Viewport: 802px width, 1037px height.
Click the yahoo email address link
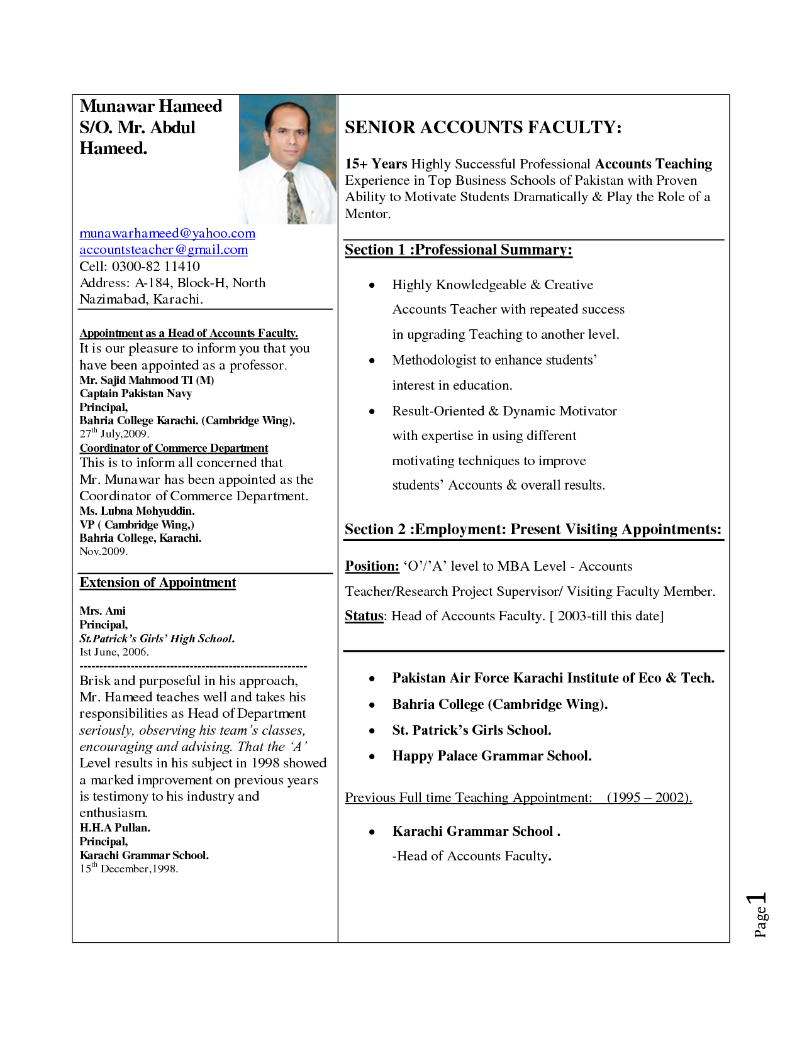point(167,234)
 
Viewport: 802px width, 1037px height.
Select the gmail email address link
point(164,250)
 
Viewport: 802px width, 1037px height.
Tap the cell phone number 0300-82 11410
point(155,266)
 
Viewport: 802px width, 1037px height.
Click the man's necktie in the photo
point(295,199)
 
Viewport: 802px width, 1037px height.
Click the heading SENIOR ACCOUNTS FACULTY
point(483,128)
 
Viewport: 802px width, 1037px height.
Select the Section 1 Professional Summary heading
point(458,250)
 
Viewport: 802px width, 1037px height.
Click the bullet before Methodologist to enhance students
point(372,361)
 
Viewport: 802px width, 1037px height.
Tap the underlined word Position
point(372,566)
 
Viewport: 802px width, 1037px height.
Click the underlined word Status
point(364,616)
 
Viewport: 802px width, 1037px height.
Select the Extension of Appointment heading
point(158,583)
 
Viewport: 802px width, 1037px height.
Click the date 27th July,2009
point(114,434)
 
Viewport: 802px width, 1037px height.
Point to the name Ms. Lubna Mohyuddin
point(137,511)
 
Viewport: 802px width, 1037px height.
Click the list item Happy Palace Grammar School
point(492,756)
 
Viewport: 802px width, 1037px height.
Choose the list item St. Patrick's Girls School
point(472,730)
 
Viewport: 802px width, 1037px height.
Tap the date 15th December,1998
point(128,869)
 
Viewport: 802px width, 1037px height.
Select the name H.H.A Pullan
point(114,828)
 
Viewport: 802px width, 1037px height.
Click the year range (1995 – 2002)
point(649,798)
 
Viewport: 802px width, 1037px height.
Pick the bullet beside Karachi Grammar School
point(372,832)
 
